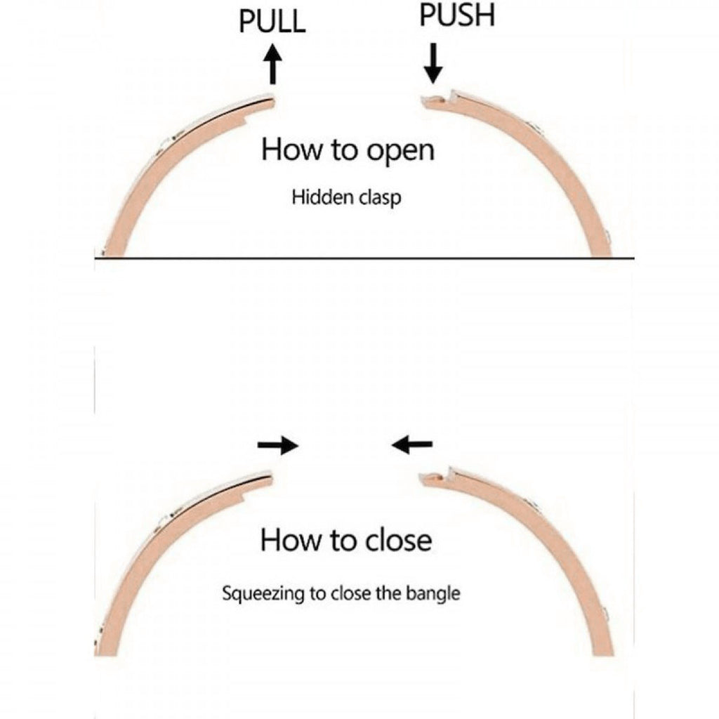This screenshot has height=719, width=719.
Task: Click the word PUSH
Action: tap(457, 15)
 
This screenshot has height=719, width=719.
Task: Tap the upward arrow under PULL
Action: tap(273, 64)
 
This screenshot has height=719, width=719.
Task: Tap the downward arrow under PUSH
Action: tap(433, 63)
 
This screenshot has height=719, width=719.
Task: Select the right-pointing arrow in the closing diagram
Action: tap(278, 444)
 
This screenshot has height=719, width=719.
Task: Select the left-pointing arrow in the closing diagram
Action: tap(411, 444)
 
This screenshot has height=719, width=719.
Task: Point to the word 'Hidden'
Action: tap(323, 197)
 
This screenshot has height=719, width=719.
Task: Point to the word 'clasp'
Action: tap(380, 198)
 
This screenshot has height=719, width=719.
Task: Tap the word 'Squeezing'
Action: tap(263, 594)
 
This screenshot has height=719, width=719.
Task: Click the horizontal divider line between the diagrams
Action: tap(364, 258)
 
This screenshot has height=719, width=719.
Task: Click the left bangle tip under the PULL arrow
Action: tap(272, 101)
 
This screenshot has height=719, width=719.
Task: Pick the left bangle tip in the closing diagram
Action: tap(270, 480)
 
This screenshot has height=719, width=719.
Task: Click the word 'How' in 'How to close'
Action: tap(291, 540)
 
